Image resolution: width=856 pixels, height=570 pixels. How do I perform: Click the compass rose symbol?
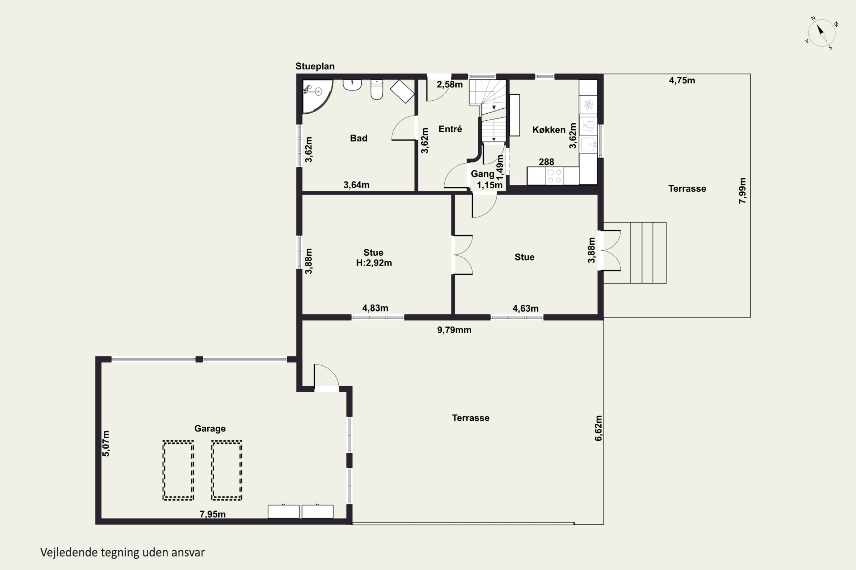821,33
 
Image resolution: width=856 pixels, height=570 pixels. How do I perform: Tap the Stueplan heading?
315,66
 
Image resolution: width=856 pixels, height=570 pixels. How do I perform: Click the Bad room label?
358,138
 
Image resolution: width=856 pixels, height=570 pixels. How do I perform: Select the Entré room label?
450,129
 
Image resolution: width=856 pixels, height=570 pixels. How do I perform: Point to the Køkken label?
549,130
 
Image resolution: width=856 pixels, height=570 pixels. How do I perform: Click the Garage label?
210,429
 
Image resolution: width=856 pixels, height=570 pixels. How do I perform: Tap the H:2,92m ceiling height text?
374,263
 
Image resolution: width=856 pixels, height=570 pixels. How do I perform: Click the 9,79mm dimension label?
454,330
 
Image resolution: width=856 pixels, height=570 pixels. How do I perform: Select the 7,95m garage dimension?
213,514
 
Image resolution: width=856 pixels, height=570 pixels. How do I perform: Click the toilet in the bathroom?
377,89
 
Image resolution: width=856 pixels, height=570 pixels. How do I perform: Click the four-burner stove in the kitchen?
554,176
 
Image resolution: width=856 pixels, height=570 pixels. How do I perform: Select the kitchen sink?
588,144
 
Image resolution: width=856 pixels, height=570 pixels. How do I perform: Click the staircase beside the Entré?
488,111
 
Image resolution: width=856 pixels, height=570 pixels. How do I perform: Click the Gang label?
482,174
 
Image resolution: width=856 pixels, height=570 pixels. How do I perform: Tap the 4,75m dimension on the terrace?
682,80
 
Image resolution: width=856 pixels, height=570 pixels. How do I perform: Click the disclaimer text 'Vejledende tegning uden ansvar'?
122,552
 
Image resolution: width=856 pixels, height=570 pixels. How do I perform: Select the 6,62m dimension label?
598,428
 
